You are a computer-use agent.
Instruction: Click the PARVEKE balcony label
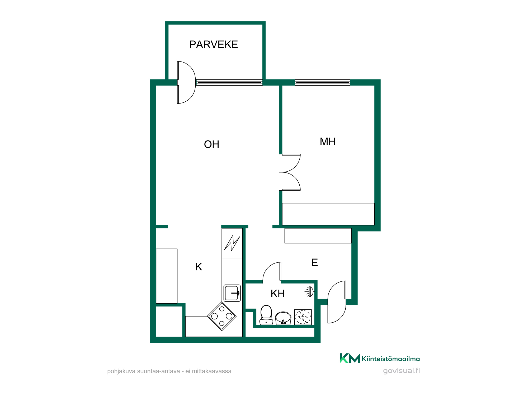tap(214, 44)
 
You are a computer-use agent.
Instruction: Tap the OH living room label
tap(211, 144)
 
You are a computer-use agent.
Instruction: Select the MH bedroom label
tap(328, 142)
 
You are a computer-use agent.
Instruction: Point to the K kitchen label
tap(199, 267)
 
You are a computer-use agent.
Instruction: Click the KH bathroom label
tap(277, 294)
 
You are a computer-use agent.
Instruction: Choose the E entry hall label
tap(315, 262)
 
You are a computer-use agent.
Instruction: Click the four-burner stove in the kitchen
tap(222, 316)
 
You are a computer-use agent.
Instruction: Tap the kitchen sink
tap(232, 293)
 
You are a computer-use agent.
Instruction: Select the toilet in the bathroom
tap(266, 315)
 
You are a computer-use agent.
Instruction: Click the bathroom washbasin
tap(283, 318)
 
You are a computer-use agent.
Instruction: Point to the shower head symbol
tap(309, 292)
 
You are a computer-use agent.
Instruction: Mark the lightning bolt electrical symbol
tap(232, 243)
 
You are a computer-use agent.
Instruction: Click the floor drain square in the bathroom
tap(303, 317)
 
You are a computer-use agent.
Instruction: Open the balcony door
tap(186, 82)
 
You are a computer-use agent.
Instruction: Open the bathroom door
tap(272, 273)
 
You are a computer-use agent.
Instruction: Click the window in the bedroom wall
tap(322, 82)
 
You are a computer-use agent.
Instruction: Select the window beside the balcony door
tap(229, 82)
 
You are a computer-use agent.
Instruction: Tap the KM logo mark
tap(350, 358)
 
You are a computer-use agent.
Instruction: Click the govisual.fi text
tap(401, 371)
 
